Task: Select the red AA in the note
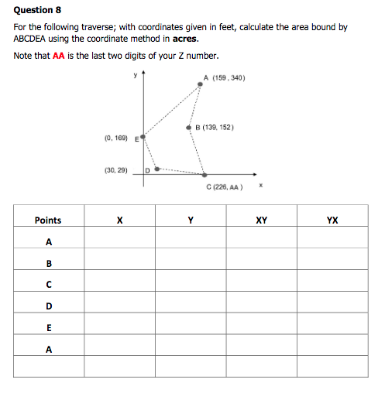click(x=58, y=56)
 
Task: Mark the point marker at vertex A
click(x=200, y=84)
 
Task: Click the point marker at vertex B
click(x=189, y=128)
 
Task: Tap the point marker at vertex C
click(x=205, y=175)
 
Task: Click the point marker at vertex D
click(x=158, y=167)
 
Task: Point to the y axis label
click(x=134, y=75)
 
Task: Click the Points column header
click(x=48, y=220)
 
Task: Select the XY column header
click(x=261, y=220)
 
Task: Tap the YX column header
click(x=332, y=220)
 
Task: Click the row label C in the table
click(x=48, y=284)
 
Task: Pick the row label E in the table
click(x=48, y=327)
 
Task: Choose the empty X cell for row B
click(x=119, y=263)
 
